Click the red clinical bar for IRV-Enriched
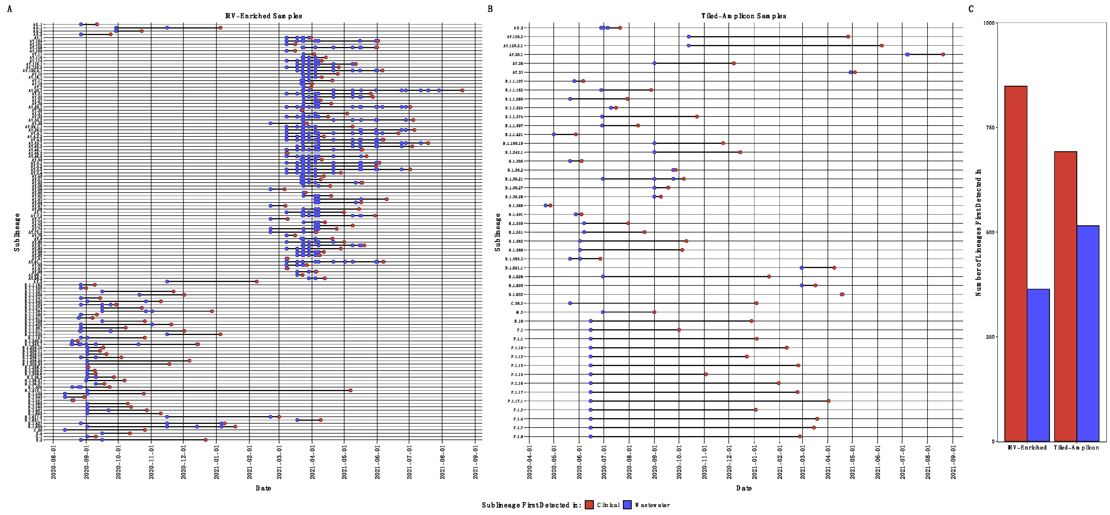pyautogui.click(x=1016, y=263)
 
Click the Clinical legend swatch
pyautogui.click(x=589, y=505)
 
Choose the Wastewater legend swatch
pyautogui.click(x=627, y=505)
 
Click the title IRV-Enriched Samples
pyautogui.click(x=263, y=16)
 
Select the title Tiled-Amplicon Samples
pyautogui.click(x=743, y=16)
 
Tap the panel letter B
pyautogui.click(x=490, y=9)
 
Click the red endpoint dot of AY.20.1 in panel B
pyautogui.click(x=943, y=54)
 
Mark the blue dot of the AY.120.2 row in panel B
pyautogui.click(x=689, y=37)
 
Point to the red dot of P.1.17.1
pyautogui.click(x=828, y=401)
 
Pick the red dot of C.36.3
pyautogui.click(x=756, y=303)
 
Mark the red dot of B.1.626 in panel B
pyautogui.click(x=769, y=276)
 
